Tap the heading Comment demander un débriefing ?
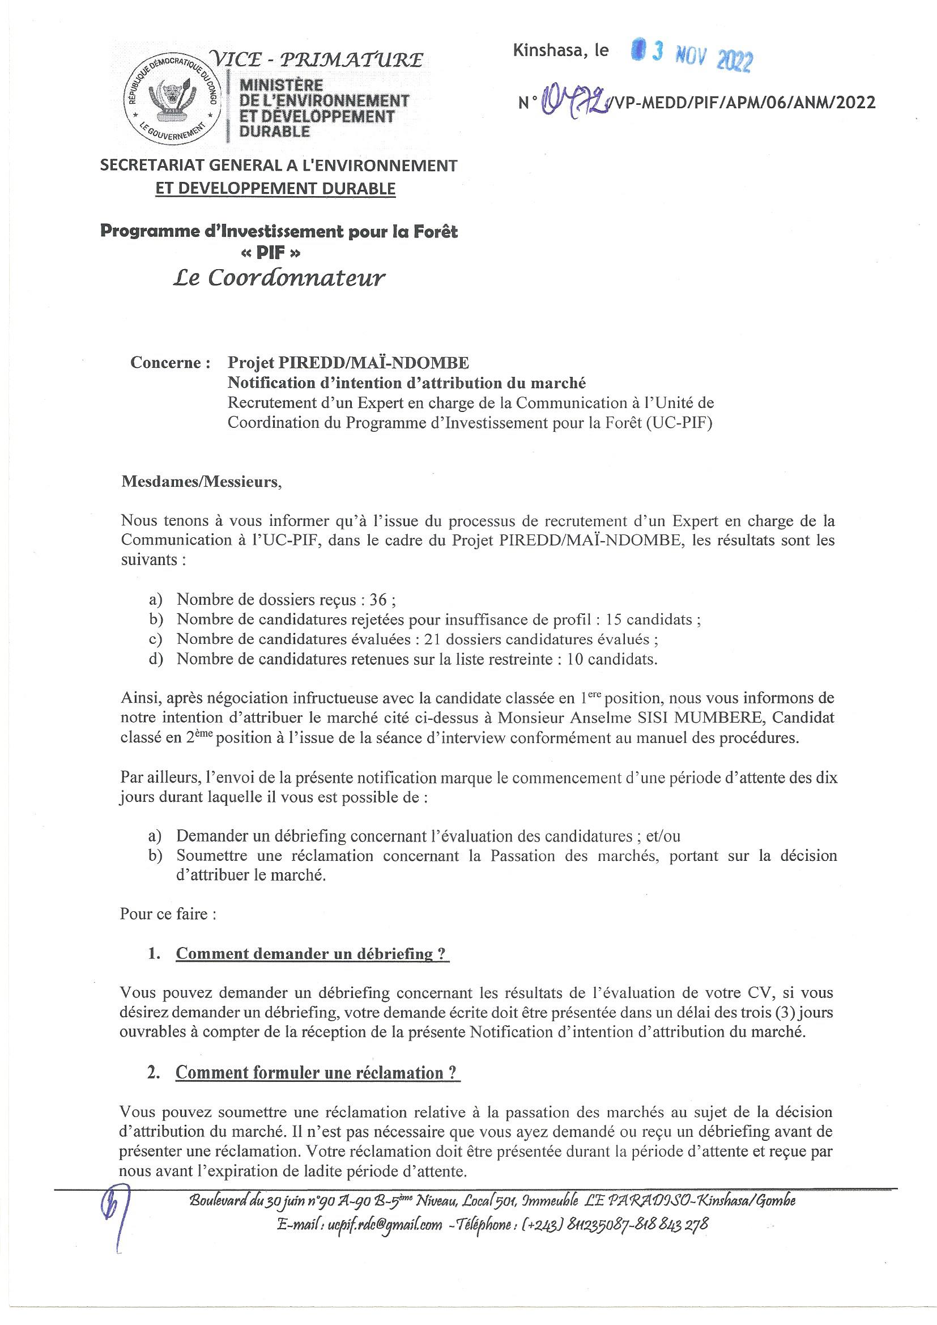click(313, 953)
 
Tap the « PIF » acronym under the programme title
click(280, 252)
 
